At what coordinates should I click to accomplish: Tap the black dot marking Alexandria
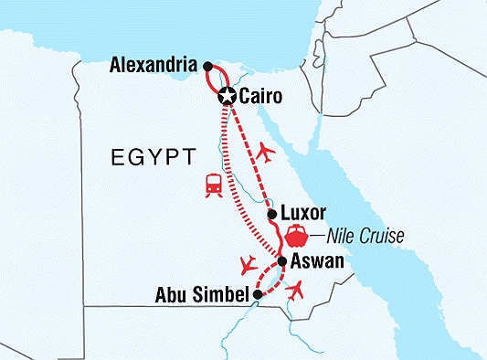coord(208,66)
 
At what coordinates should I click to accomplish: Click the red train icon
coord(213,185)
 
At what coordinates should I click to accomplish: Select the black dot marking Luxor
coord(271,215)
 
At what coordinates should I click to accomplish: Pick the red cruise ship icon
coord(297,236)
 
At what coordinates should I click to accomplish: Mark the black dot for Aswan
coord(282,261)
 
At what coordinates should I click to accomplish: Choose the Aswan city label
coord(318,262)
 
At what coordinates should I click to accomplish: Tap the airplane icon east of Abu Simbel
coord(295,291)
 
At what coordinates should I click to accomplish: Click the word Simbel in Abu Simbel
coord(224,294)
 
